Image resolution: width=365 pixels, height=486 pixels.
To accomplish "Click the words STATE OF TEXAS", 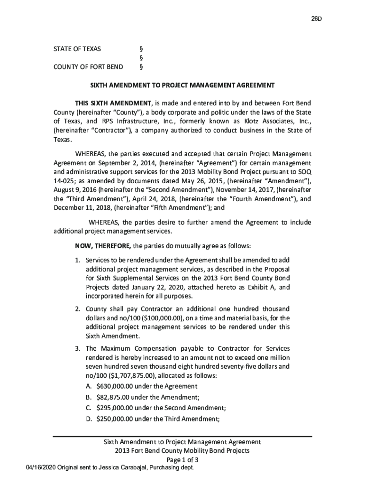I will coord(77,49).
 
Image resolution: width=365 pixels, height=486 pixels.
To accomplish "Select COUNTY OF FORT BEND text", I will coord(88,66).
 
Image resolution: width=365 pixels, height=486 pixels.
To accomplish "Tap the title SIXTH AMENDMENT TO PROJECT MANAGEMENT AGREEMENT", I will coord(182,85).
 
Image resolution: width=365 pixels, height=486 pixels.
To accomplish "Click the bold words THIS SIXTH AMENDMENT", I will coord(113,103).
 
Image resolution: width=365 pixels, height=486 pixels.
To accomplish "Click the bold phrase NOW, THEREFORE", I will coord(103,246).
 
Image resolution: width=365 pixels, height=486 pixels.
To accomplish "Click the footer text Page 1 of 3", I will coord(182,460).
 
